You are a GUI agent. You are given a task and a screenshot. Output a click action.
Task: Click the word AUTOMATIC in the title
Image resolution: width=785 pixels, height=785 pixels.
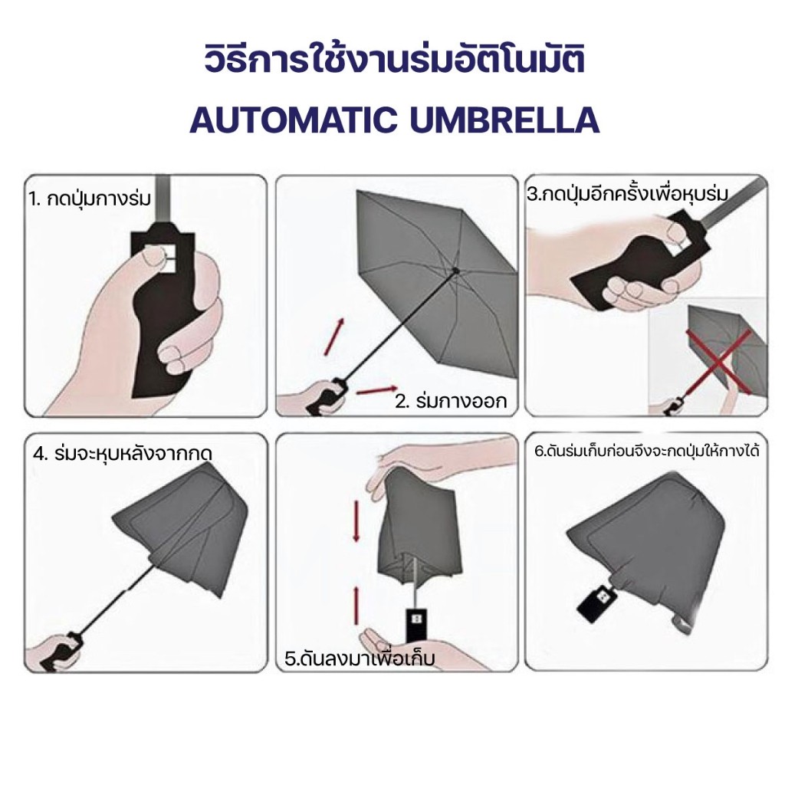coord(294,120)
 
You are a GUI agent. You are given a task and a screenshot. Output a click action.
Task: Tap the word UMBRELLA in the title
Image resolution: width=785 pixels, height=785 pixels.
coord(504,120)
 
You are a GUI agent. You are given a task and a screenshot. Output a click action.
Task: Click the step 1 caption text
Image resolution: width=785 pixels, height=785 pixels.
coord(89,199)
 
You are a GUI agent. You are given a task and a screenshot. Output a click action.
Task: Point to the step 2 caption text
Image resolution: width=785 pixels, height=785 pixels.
coord(451,401)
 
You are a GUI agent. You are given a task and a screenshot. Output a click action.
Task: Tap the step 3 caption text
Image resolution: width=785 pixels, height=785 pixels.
coord(628,193)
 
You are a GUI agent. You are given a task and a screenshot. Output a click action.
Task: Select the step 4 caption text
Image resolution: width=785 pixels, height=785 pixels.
coord(123,454)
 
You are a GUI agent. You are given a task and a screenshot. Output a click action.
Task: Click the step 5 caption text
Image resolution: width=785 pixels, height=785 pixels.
coord(360,657)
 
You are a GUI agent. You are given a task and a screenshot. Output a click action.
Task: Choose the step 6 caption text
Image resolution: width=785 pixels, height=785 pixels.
coord(647,451)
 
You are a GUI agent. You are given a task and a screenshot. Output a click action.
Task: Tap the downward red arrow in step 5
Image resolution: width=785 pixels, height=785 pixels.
coord(356,521)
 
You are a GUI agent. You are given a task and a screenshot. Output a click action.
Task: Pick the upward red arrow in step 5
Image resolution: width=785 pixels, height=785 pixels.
coord(356,606)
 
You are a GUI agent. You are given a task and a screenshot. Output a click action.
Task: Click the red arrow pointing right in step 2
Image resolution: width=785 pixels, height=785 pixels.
coord(376,390)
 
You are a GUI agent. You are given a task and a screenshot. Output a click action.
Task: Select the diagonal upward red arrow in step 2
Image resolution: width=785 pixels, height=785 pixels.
coord(334,337)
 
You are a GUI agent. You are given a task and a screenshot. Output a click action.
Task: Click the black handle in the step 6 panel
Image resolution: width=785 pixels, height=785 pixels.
coord(596,599)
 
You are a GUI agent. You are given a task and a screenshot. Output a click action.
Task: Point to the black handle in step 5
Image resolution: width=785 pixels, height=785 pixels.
coord(415,624)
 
